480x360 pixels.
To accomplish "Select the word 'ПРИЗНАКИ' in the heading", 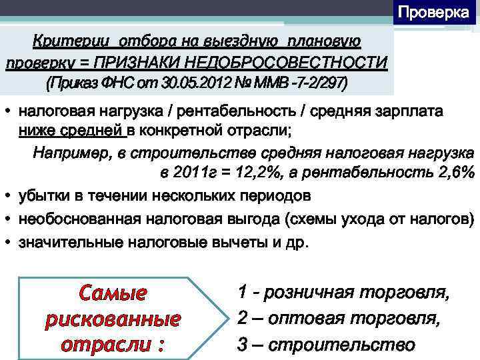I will coord(130,63).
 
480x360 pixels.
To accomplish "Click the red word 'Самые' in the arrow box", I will coord(112,293).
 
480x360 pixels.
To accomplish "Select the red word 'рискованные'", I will coord(112,319).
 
